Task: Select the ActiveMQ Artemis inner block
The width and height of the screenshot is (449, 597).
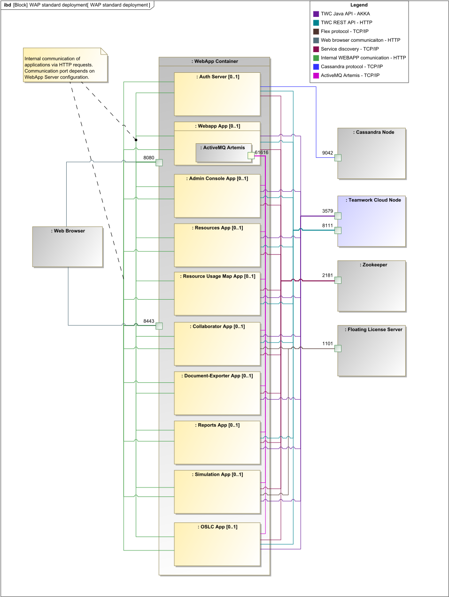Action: point(223,153)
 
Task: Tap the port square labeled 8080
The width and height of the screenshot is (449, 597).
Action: point(159,163)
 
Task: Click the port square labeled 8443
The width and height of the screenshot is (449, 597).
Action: point(159,326)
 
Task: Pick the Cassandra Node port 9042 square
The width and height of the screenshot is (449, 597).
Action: point(338,158)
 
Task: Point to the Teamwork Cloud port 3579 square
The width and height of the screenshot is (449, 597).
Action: point(338,216)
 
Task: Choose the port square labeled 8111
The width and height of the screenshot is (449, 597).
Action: point(338,231)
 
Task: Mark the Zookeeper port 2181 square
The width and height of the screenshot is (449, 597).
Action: point(338,280)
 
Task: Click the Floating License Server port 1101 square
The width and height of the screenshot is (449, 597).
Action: point(338,349)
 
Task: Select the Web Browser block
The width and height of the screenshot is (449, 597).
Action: point(68,247)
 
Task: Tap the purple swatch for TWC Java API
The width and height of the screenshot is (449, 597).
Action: point(316,14)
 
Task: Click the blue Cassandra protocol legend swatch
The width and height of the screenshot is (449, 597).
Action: point(316,67)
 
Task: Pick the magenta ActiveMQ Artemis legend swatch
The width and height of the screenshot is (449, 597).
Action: point(316,76)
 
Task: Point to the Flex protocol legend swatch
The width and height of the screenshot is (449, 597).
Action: point(316,31)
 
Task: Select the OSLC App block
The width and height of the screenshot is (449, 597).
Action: point(217,544)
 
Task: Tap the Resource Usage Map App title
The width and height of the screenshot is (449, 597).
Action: point(218,277)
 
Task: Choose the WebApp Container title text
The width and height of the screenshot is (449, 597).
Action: point(215,62)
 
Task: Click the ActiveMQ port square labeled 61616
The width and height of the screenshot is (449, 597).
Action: point(251,155)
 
